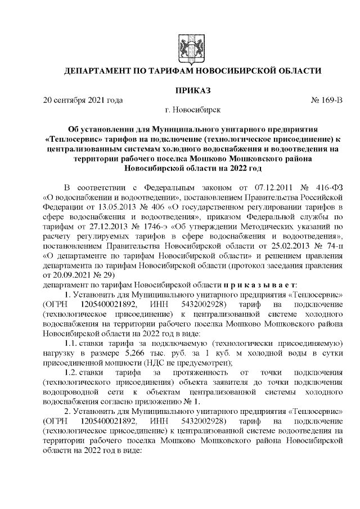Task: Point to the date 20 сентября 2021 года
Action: tap(83, 101)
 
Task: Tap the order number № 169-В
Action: tap(326, 101)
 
